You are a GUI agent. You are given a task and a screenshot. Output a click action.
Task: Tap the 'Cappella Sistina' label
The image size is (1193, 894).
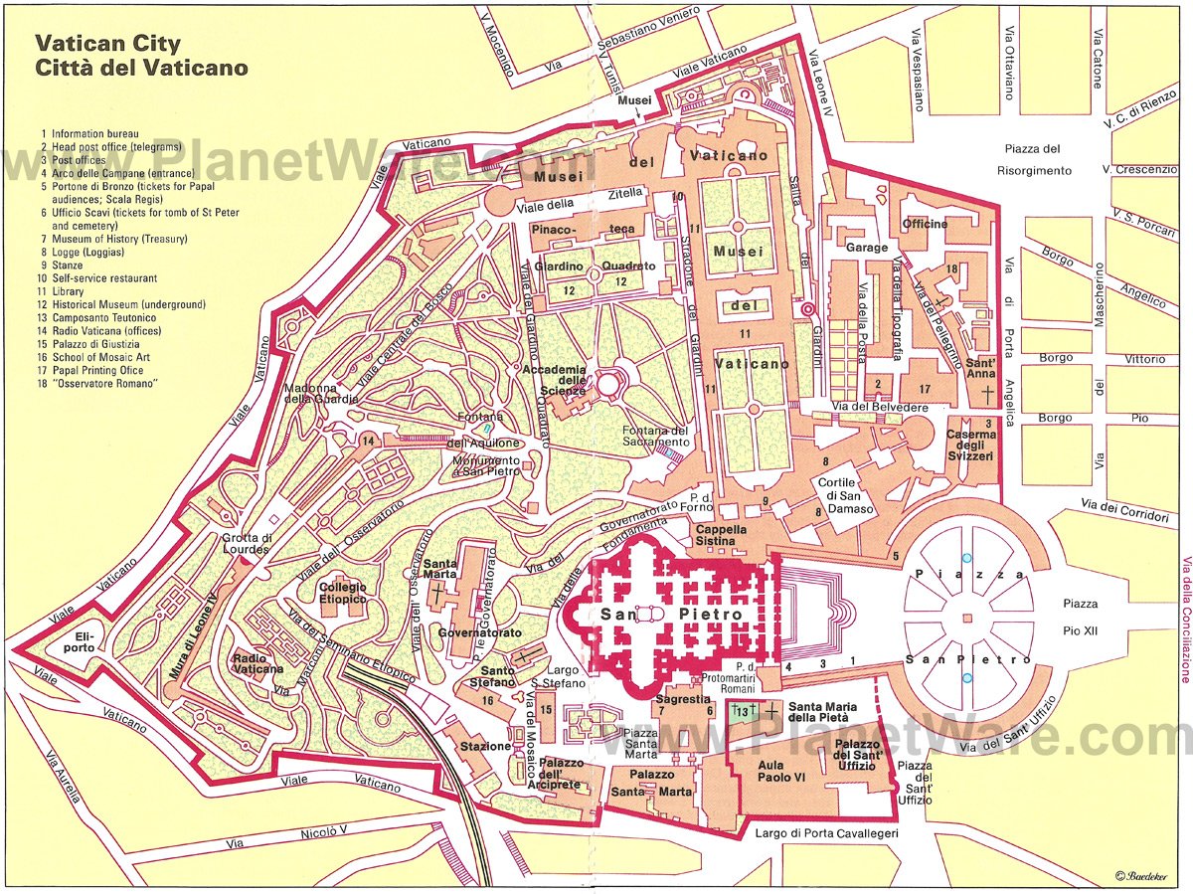coord(721,537)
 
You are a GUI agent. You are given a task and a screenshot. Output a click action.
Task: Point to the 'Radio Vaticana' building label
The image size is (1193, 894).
coord(257,665)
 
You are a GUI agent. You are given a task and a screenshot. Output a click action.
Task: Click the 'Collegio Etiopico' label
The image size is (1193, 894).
coord(343,594)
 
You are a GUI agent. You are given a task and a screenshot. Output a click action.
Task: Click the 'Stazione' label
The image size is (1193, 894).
coord(485,747)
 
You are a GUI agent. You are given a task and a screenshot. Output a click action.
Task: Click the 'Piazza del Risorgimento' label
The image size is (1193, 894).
coord(1034,160)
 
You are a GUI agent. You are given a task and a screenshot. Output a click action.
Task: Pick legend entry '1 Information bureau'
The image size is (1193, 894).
coord(89,133)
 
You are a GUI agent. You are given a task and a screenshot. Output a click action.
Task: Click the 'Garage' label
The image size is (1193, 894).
coord(866,247)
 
